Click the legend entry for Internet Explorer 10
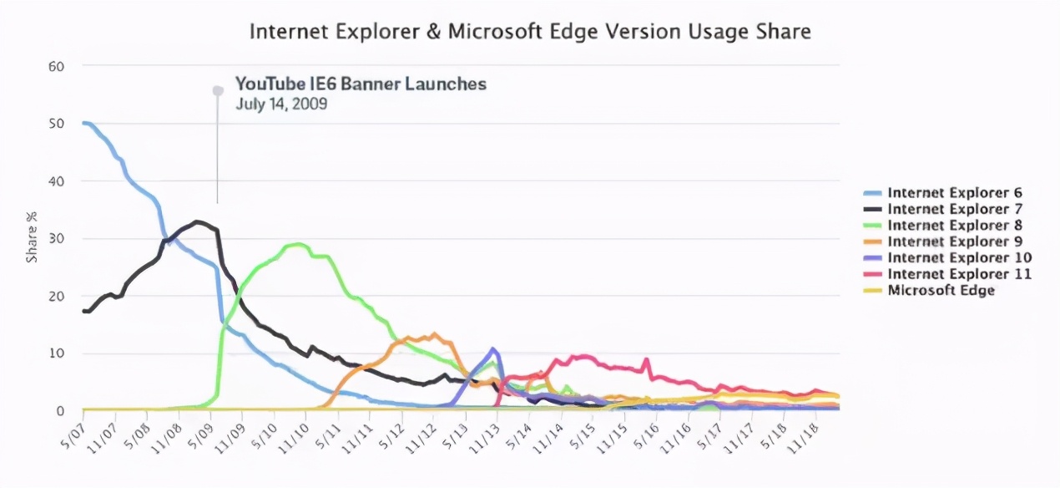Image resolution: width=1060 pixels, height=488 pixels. tap(959, 257)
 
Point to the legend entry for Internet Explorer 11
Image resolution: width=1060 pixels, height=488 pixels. tap(959, 274)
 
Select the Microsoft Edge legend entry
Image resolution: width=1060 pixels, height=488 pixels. tap(941, 291)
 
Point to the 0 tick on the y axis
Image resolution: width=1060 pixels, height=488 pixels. tap(61, 411)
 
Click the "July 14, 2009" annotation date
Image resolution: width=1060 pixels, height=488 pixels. tap(280, 104)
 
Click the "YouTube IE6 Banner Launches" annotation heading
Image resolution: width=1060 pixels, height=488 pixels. tap(361, 84)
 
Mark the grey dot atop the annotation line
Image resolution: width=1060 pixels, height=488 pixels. tap(218, 90)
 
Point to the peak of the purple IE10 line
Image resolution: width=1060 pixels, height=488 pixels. tap(493, 348)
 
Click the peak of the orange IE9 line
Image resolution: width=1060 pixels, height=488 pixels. tap(434, 334)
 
